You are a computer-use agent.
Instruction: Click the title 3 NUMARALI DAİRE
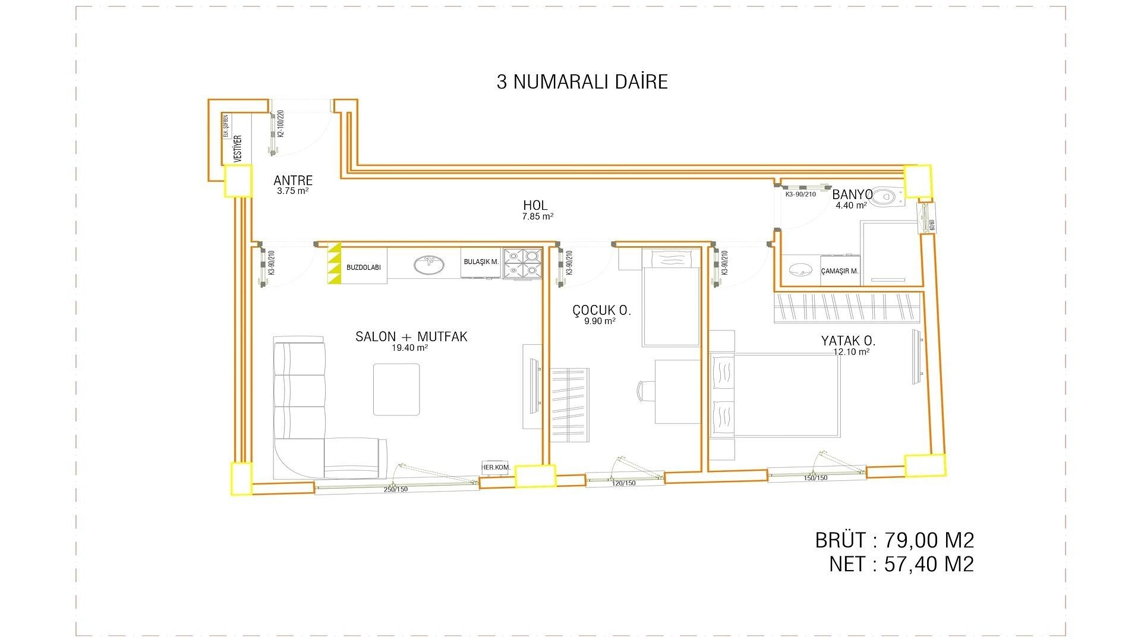582,81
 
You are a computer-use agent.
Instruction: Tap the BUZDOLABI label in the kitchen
363,267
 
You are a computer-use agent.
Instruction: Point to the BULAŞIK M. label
481,262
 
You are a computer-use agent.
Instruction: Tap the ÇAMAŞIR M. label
839,271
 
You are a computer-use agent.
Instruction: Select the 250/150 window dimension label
395,489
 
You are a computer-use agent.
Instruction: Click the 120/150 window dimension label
623,483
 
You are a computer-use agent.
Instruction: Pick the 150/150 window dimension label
815,478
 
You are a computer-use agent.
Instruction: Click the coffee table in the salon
396,389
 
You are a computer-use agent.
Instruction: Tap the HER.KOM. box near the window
496,467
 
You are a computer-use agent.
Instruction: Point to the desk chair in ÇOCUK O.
645,392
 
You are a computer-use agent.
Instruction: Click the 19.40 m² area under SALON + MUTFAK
409,348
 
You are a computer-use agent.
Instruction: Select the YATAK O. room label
848,341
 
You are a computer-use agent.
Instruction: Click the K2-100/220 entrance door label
281,124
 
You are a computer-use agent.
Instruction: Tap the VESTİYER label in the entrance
238,149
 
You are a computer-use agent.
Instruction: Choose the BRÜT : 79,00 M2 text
894,540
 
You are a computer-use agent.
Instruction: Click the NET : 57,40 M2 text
901,564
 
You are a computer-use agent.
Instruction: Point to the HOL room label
535,206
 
